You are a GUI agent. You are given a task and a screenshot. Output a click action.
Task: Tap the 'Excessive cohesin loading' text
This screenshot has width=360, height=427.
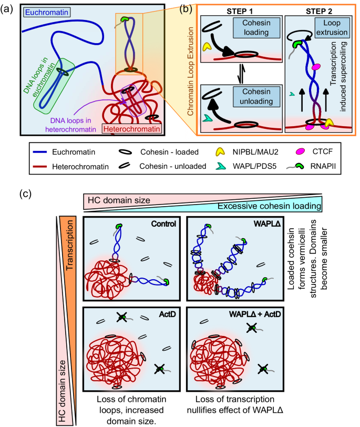(281, 206)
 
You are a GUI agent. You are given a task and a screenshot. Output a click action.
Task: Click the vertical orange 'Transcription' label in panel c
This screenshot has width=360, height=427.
(69, 247)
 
